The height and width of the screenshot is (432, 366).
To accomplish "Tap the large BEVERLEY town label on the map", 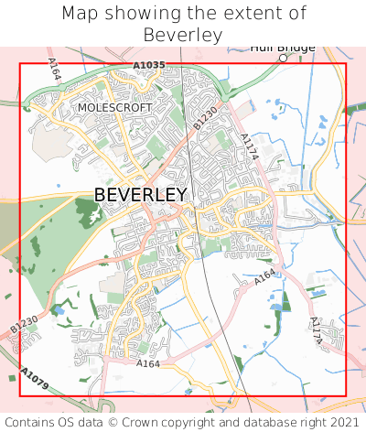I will [141, 195].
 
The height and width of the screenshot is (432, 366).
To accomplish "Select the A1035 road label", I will [148, 65].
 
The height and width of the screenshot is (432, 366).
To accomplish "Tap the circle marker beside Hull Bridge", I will [284, 58].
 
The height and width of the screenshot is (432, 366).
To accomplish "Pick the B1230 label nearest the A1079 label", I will [24, 324].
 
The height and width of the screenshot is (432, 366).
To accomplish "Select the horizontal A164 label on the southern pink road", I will [147, 363].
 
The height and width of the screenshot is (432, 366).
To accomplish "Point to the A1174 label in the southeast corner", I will [317, 330].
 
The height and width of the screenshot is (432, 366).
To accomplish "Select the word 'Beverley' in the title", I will [183, 35].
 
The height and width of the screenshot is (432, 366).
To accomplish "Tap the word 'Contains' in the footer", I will [30, 422].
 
